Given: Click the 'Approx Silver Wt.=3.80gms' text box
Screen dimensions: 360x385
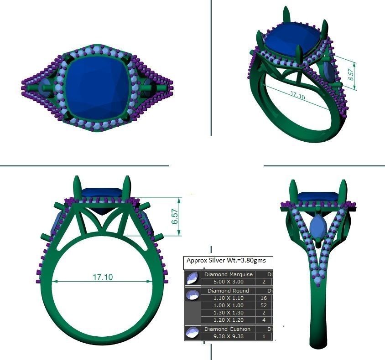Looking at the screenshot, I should click(x=229, y=262).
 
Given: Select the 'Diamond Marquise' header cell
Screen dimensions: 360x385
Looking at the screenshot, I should click(x=228, y=275).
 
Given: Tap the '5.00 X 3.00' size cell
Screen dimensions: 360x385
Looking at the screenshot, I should click(x=228, y=282).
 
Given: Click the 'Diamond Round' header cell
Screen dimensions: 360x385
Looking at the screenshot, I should click(x=228, y=291).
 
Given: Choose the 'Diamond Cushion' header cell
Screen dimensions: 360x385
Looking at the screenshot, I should click(x=228, y=329).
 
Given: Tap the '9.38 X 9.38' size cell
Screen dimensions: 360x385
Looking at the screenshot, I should click(x=228, y=336).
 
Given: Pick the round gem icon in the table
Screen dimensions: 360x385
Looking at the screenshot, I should click(x=192, y=294).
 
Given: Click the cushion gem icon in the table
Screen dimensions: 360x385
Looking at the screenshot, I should click(x=192, y=333).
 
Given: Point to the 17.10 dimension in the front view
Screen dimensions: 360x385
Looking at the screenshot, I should click(x=103, y=277).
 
